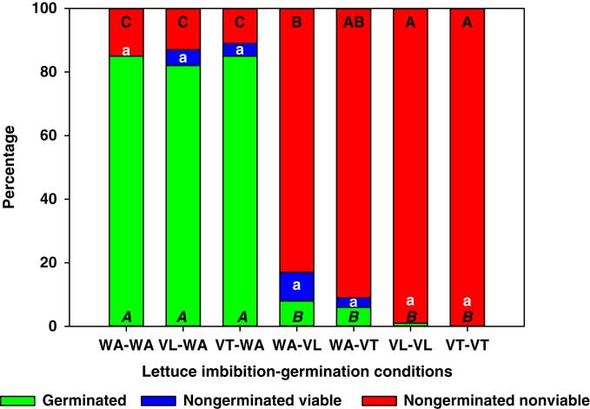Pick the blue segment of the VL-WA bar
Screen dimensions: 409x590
pos(182,57)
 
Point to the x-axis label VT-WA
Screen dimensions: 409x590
pos(240,344)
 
